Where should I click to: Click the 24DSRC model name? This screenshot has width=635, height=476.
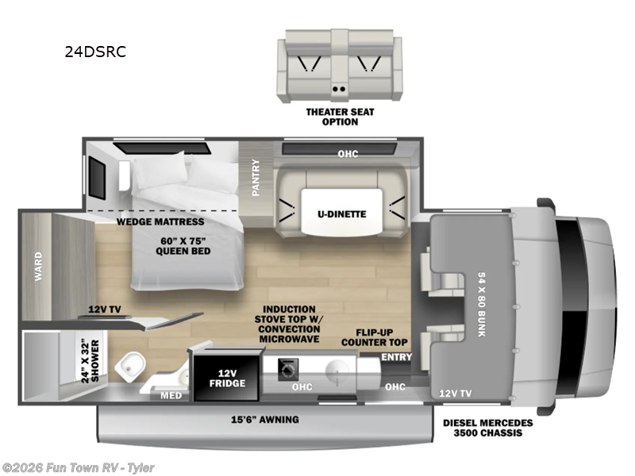95,52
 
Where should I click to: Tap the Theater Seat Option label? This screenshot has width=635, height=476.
340,117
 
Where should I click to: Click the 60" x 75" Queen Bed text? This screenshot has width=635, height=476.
183,246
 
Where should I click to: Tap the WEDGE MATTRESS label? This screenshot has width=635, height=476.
161,221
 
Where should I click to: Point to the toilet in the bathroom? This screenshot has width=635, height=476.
132,367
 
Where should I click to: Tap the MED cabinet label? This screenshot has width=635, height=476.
171,395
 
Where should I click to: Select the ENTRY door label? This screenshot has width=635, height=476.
396,358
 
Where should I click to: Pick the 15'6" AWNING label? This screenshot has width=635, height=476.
265,419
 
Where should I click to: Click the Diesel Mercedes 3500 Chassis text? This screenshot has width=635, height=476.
489,428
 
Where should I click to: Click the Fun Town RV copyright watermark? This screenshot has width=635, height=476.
78,467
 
